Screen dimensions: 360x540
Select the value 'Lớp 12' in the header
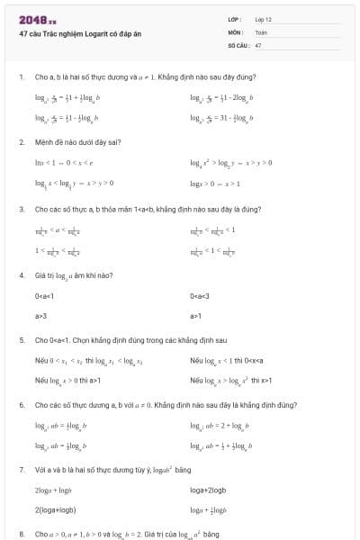tap(263, 18)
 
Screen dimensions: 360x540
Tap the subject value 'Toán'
tap(261, 31)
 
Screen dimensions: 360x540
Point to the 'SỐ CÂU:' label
tap(238, 44)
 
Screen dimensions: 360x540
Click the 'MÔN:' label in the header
tap(237, 31)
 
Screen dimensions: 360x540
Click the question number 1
tap(21, 76)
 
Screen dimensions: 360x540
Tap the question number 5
tap(21, 341)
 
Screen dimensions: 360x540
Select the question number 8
tap(21, 534)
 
